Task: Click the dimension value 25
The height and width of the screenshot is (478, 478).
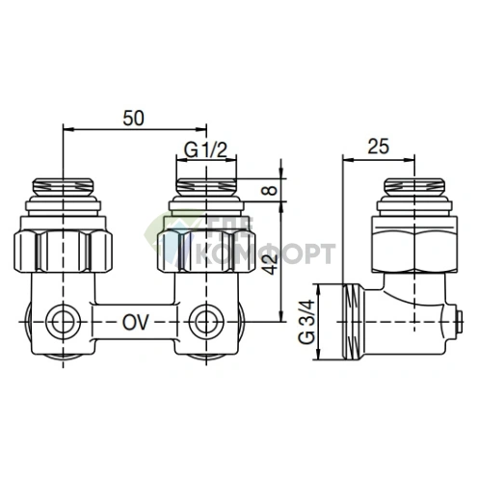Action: point(379,147)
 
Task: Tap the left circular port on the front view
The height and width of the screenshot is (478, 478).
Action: point(65,321)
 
